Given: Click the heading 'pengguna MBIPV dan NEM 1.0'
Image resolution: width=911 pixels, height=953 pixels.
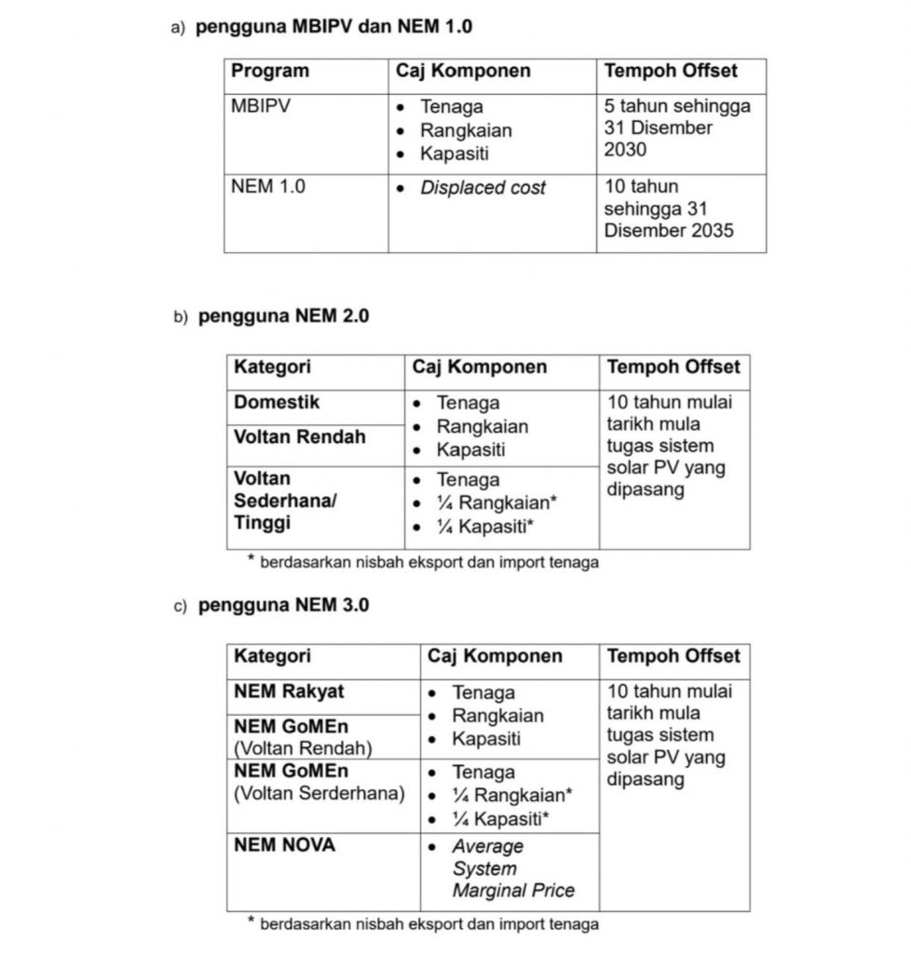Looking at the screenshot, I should [x=333, y=27].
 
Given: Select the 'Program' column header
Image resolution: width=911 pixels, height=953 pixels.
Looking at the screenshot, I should [x=270, y=71].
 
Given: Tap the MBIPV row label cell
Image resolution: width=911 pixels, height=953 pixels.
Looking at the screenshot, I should [x=261, y=106].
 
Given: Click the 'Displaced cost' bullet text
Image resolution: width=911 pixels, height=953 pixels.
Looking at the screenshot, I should [x=483, y=187].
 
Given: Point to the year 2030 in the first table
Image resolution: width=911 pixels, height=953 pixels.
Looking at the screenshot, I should [x=625, y=149].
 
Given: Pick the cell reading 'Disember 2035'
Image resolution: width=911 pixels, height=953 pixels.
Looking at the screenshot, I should [x=668, y=230].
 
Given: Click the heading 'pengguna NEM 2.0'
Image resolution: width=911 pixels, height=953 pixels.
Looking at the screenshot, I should [x=283, y=316].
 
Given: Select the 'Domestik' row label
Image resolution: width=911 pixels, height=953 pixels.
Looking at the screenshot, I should [x=277, y=402].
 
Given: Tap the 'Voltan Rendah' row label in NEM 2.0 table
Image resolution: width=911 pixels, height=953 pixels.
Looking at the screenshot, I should [x=299, y=436].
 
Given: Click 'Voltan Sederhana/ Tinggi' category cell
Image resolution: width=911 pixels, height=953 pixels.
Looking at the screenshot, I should [x=285, y=501].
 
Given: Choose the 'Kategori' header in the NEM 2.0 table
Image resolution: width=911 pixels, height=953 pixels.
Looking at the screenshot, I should [x=272, y=367].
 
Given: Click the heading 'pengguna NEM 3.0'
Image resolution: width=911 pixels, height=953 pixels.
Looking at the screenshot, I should [x=283, y=605].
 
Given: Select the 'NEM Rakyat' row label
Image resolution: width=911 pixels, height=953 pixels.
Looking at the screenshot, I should [x=289, y=691].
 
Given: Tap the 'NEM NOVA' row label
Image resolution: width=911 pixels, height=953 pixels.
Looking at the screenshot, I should [x=284, y=845].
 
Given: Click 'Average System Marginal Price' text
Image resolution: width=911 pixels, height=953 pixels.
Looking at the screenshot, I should [x=512, y=868].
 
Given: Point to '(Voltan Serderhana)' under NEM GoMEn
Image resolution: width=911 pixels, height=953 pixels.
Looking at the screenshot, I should [x=320, y=794].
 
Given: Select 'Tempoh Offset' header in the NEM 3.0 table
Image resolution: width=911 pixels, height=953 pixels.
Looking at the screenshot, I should [x=673, y=656].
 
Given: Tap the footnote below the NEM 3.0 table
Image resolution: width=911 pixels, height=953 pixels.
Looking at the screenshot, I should [x=428, y=924].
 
